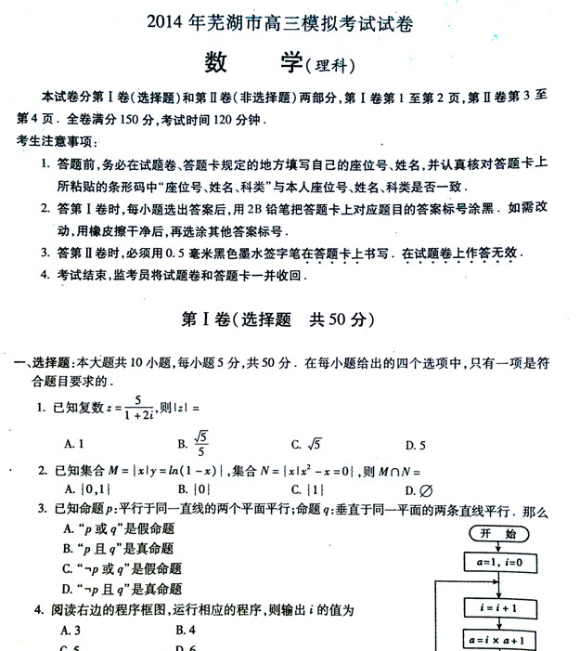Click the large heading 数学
tap(251, 62)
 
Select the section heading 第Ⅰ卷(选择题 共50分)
tap(277, 319)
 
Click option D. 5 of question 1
tap(416, 444)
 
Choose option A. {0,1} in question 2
tap(88, 489)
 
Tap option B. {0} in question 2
tap(192, 489)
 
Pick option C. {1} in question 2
tap(306, 489)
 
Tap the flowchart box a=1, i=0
tap(498, 564)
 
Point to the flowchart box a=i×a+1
tap(498, 641)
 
